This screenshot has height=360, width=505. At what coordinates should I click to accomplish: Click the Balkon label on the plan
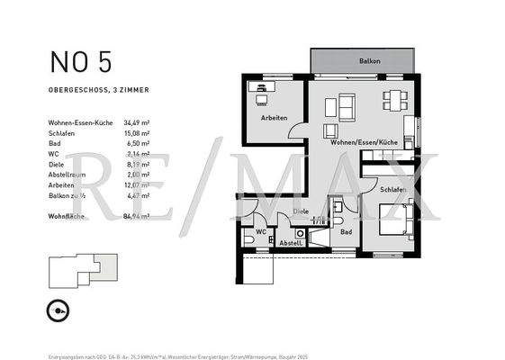coord(369,61)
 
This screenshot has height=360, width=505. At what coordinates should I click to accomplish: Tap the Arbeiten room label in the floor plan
coord(275,118)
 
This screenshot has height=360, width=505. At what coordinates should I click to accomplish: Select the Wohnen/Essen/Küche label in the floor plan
coord(364,143)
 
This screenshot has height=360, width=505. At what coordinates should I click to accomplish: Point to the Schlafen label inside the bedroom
coord(393,190)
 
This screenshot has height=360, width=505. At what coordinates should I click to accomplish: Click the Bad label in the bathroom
coord(347,231)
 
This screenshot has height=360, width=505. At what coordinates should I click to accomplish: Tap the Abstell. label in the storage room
coord(291,243)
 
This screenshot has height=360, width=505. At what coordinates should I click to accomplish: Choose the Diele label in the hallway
coord(301,211)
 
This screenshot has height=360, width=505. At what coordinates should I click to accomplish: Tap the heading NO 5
coord(81,62)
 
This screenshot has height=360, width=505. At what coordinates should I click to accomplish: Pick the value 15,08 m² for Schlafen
coord(135,132)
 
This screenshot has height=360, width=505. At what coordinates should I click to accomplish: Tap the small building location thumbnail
coord(83,267)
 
